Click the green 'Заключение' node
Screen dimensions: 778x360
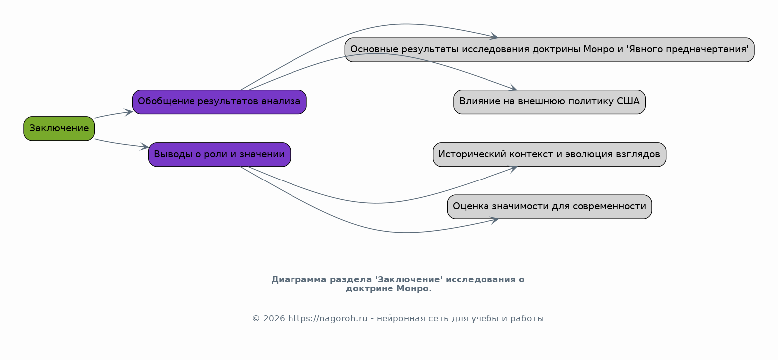coord(59,128)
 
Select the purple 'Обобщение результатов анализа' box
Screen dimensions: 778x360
coord(219,102)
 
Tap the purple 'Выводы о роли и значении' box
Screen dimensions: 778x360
coord(219,155)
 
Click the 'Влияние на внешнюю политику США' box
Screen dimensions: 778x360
coord(550,102)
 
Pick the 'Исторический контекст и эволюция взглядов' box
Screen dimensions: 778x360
coord(550,155)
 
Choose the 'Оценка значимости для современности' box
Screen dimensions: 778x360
coord(550,207)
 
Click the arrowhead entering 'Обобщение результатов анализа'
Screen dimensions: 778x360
coord(128,112)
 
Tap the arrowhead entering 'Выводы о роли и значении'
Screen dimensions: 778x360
coord(144,147)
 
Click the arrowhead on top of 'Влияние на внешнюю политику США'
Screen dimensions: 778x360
coord(513,88)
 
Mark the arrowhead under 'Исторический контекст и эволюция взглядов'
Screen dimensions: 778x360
coord(513,169)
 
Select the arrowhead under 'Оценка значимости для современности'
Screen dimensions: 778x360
coord(494,220)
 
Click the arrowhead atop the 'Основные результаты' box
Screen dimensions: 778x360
coord(494,36)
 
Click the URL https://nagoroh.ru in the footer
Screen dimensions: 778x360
coord(327,319)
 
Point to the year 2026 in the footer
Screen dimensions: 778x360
coord(274,319)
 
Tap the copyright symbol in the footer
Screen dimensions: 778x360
coord(256,319)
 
